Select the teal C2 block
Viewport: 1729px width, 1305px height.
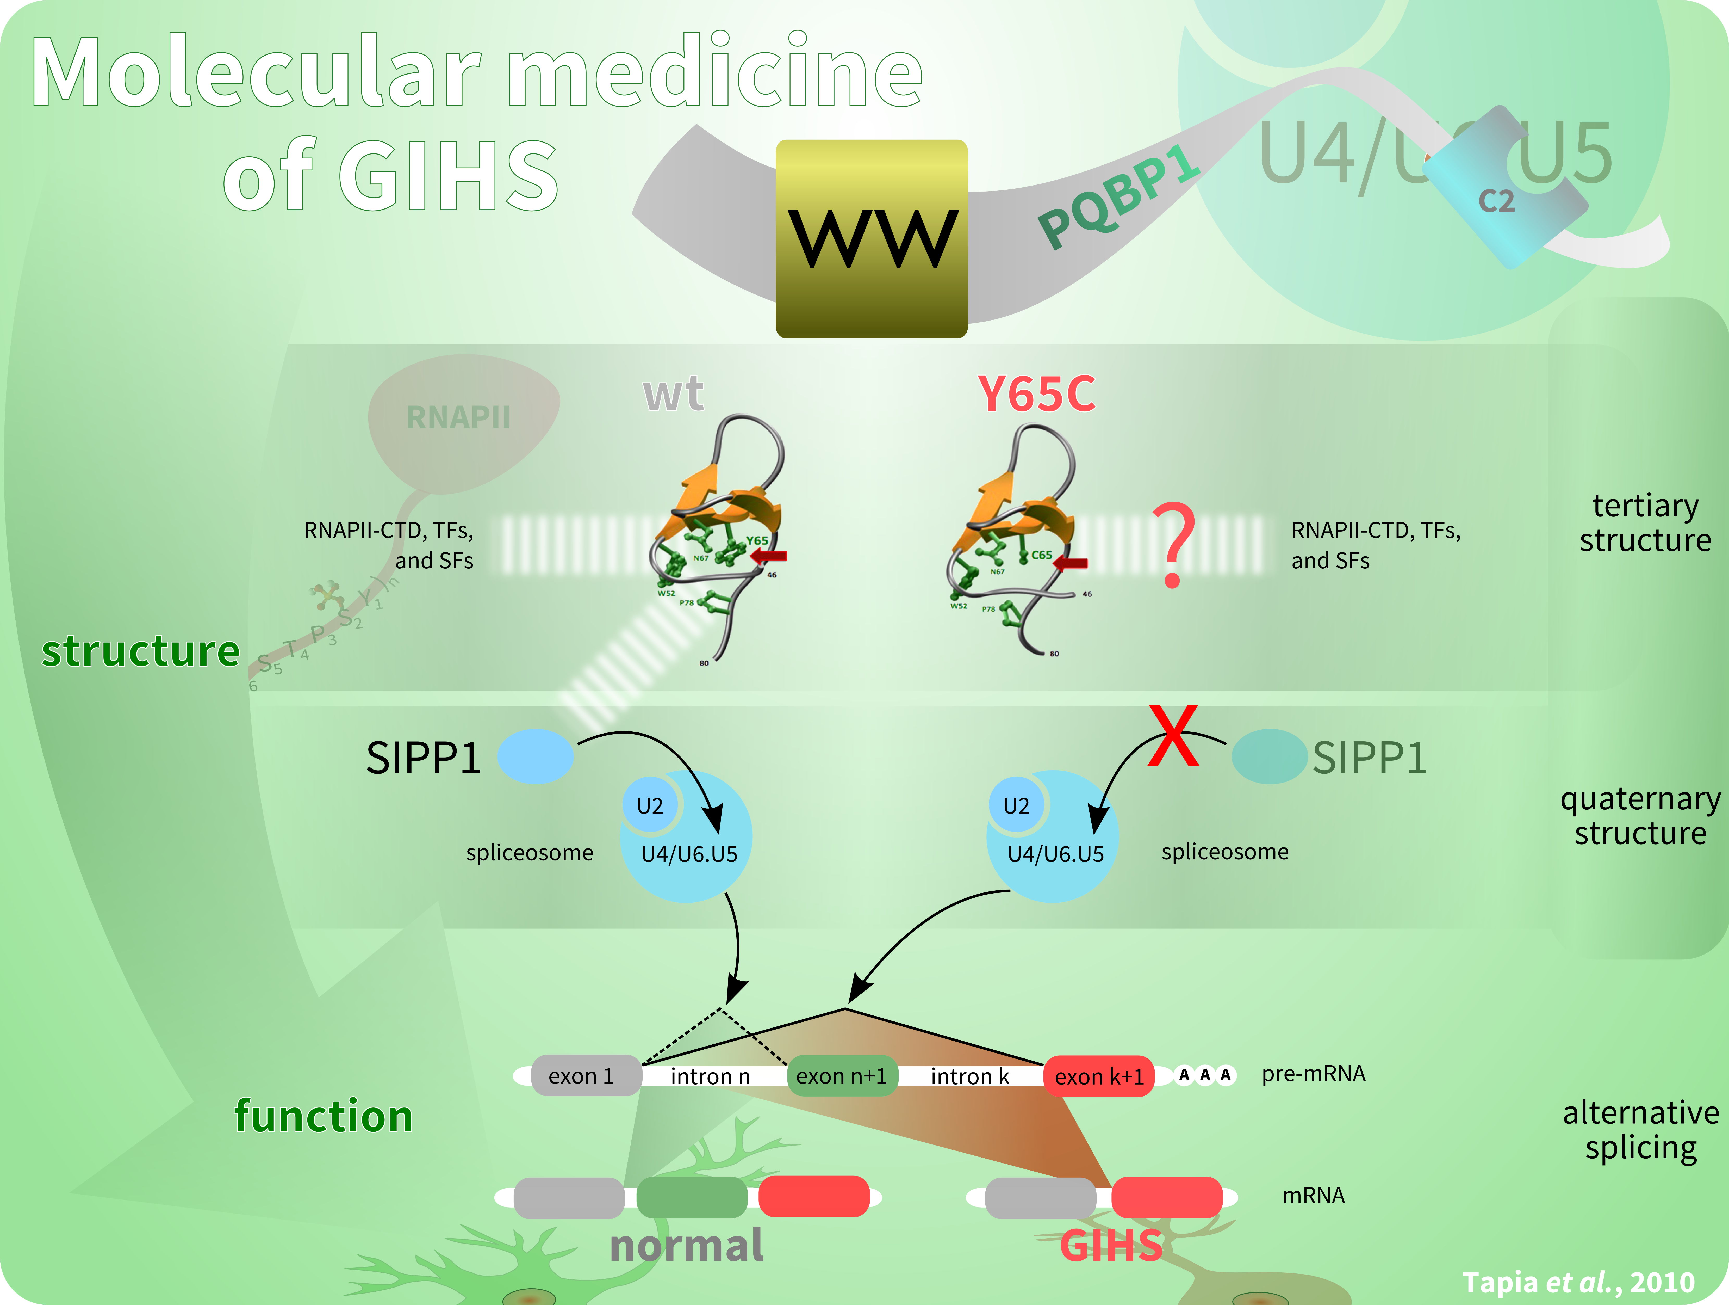(1505, 192)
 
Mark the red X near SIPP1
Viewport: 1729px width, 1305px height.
(1172, 735)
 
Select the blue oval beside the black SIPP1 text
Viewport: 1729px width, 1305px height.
(536, 756)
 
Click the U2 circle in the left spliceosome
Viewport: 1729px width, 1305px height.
(650, 805)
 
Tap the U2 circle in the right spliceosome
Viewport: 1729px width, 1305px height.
(1016, 805)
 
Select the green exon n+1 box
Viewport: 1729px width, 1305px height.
(842, 1076)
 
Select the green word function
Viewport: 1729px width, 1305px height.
(324, 1116)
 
